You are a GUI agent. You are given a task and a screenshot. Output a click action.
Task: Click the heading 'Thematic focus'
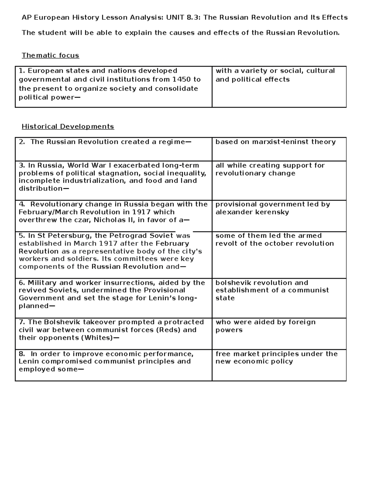pos(50,55)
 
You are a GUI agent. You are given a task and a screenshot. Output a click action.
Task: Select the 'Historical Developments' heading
pos(68,126)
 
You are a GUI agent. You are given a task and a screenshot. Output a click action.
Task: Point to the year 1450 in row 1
pos(181,79)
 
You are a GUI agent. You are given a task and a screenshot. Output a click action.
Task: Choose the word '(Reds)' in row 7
pos(168,330)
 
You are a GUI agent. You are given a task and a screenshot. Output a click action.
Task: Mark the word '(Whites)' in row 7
pos(97,338)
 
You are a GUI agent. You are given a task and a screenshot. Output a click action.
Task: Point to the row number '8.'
pos(22,354)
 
